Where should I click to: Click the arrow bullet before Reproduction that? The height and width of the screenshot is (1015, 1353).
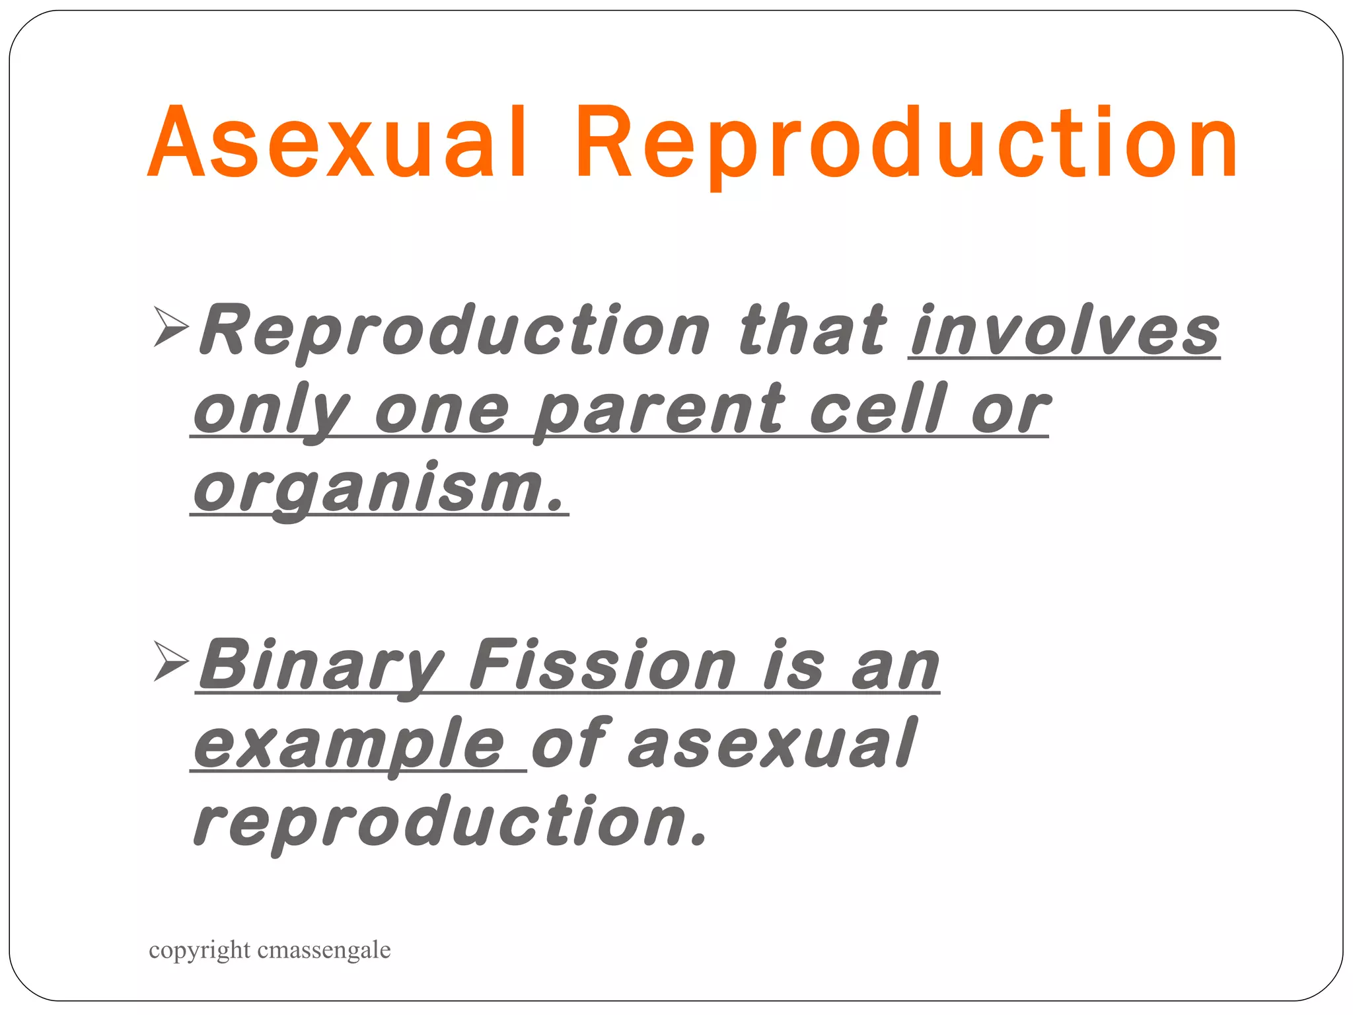coord(170,326)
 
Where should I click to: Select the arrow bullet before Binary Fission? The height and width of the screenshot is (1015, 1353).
coord(170,660)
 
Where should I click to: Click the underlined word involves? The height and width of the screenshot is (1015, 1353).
coord(1064,330)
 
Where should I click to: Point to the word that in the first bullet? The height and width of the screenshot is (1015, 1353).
coord(813,330)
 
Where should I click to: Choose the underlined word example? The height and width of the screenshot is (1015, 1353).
coord(350,745)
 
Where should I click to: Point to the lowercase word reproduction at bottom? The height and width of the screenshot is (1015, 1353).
coord(449,823)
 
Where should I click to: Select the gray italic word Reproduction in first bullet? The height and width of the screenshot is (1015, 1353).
coord(456,330)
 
